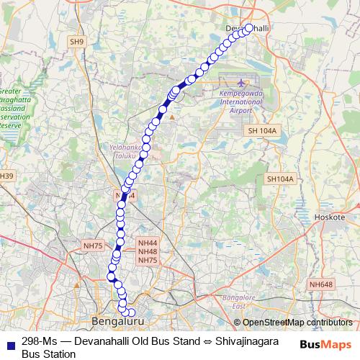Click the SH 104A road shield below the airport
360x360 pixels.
(x=261, y=130)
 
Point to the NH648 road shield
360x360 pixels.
(x=321, y=285)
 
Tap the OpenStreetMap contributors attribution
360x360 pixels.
(x=293, y=323)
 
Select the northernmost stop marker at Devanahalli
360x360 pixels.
(x=249, y=28)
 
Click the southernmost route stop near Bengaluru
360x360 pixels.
(x=131, y=312)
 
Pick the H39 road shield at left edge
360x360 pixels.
(x=6, y=176)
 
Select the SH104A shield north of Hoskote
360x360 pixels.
(x=280, y=179)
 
